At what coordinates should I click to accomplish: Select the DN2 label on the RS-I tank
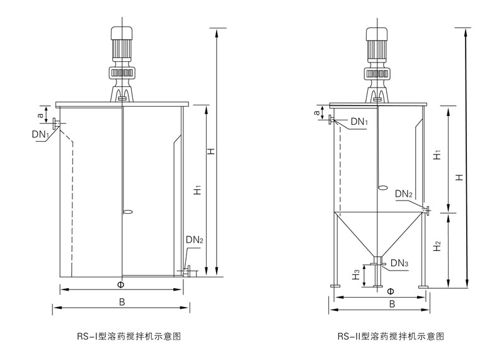click(195, 240)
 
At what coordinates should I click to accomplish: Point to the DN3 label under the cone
click(399, 262)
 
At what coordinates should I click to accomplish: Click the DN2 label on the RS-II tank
click(404, 194)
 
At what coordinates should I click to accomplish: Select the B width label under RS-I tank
click(122, 302)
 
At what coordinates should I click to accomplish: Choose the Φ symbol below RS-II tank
click(391, 292)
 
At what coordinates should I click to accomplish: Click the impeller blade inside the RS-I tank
click(127, 211)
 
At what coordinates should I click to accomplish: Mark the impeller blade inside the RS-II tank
click(382, 187)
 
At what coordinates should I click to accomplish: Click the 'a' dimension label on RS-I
click(41, 115)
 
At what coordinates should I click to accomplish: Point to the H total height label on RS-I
click(212, 151)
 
